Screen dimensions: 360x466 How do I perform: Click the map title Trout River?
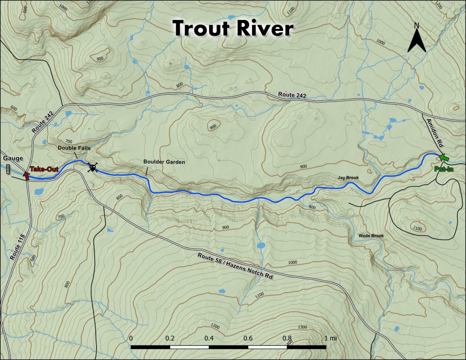click(x=233, y=28)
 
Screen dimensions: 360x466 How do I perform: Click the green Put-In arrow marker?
click(x=444, y=157)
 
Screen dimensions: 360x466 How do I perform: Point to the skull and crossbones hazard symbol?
click(x=92, y=168)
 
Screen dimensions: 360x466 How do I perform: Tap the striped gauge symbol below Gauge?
click(x=8, y=169)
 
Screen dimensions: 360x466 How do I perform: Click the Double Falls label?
click(x=74, y=148)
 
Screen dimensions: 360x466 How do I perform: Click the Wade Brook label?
click(x=371, y=236)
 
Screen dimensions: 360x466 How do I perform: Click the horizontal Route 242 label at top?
click(x=292, y=95)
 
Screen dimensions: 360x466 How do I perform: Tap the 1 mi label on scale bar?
click(x=331, y=339)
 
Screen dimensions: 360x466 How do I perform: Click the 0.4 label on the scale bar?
click(x=209, y=339)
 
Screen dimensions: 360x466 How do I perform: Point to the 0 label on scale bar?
click(x=131, y=339)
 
